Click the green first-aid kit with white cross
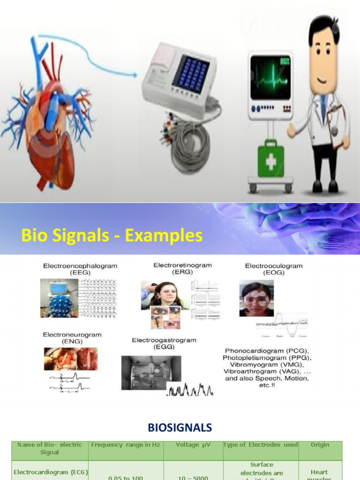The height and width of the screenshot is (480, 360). (x=270, y=158)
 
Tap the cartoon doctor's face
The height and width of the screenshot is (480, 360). (x=324, y=61)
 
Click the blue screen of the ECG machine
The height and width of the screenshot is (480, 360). (x=190, y=74)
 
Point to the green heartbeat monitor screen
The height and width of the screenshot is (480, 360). (x=270, y=77)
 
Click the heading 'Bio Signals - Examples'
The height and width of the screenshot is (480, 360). (x=112, y=235)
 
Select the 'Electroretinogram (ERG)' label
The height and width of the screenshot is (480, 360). (x=182, y=268)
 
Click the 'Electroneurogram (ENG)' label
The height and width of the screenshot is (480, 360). (x=72, y=338)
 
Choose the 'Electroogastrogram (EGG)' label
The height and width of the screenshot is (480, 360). (x=164, y=343)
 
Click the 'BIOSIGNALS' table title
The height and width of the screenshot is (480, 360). (x=180, y=427)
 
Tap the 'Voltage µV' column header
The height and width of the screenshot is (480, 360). (x=193, y=445)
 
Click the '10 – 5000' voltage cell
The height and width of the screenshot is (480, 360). (x=193, y=478)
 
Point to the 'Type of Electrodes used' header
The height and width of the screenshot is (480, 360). (x=261, y=445)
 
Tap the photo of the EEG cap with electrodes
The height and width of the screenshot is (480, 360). (x=59, y=298)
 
